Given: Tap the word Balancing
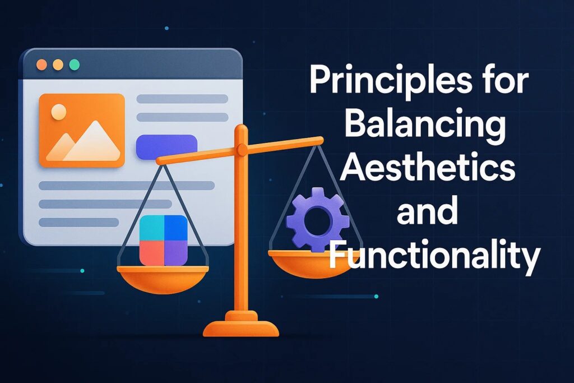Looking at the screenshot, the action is coord(425,125).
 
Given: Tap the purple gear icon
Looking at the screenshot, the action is coord(317,219).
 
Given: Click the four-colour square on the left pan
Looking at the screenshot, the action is coord(164,240).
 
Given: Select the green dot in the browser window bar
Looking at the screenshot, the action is coord(75,65).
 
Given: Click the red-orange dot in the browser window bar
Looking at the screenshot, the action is coord(41,65).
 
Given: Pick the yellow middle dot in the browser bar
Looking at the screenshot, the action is coord(58,65).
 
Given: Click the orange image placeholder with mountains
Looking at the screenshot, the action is coord(82,130).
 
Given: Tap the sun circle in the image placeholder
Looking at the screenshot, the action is coord(59,112).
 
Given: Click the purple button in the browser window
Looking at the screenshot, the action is coord(166,147).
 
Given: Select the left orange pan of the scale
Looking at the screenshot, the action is coord(163,279).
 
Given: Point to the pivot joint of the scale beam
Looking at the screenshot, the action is coord(242,149).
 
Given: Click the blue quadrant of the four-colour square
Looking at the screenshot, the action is coord(175,227).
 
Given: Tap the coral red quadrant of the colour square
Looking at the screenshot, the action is coord(151,253).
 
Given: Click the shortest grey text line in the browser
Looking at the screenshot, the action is coord(78,222).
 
